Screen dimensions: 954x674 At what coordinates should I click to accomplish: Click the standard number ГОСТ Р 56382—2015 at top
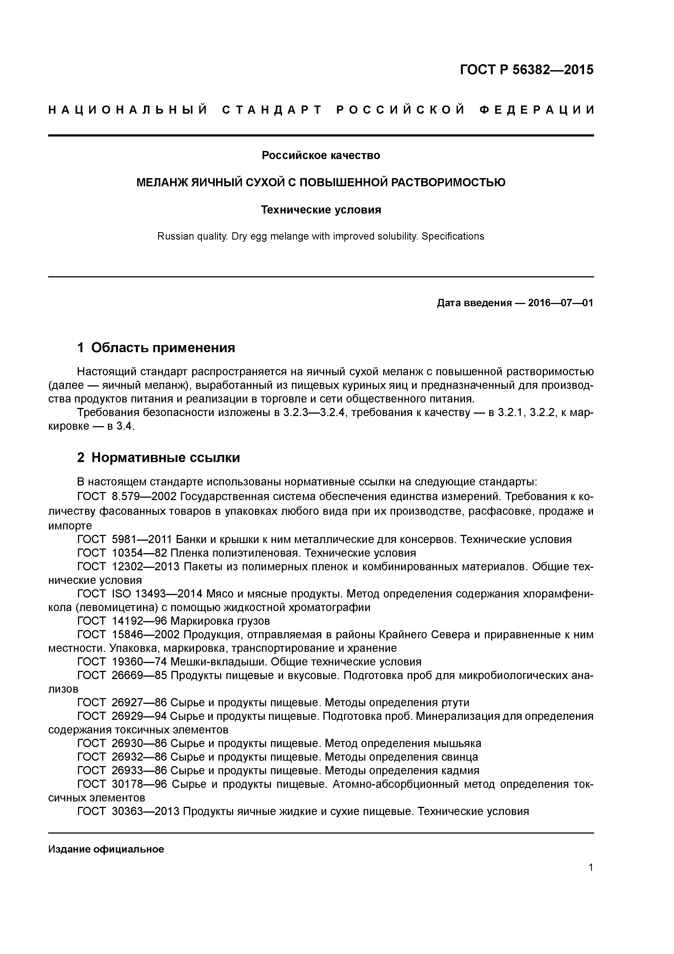pos(527,70)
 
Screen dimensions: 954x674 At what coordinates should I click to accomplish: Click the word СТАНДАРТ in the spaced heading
pos(272,110)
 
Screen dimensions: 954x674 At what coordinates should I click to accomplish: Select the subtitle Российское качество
pos(321,155)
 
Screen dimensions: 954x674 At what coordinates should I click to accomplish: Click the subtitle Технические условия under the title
pos(321,210)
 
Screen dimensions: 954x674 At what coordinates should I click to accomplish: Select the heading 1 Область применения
pos(156,347)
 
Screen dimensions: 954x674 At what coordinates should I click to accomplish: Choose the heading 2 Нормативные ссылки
pos(159,457)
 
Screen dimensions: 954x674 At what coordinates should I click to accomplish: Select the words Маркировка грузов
pos(220,621)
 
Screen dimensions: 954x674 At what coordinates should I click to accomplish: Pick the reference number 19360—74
pos(139,662)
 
